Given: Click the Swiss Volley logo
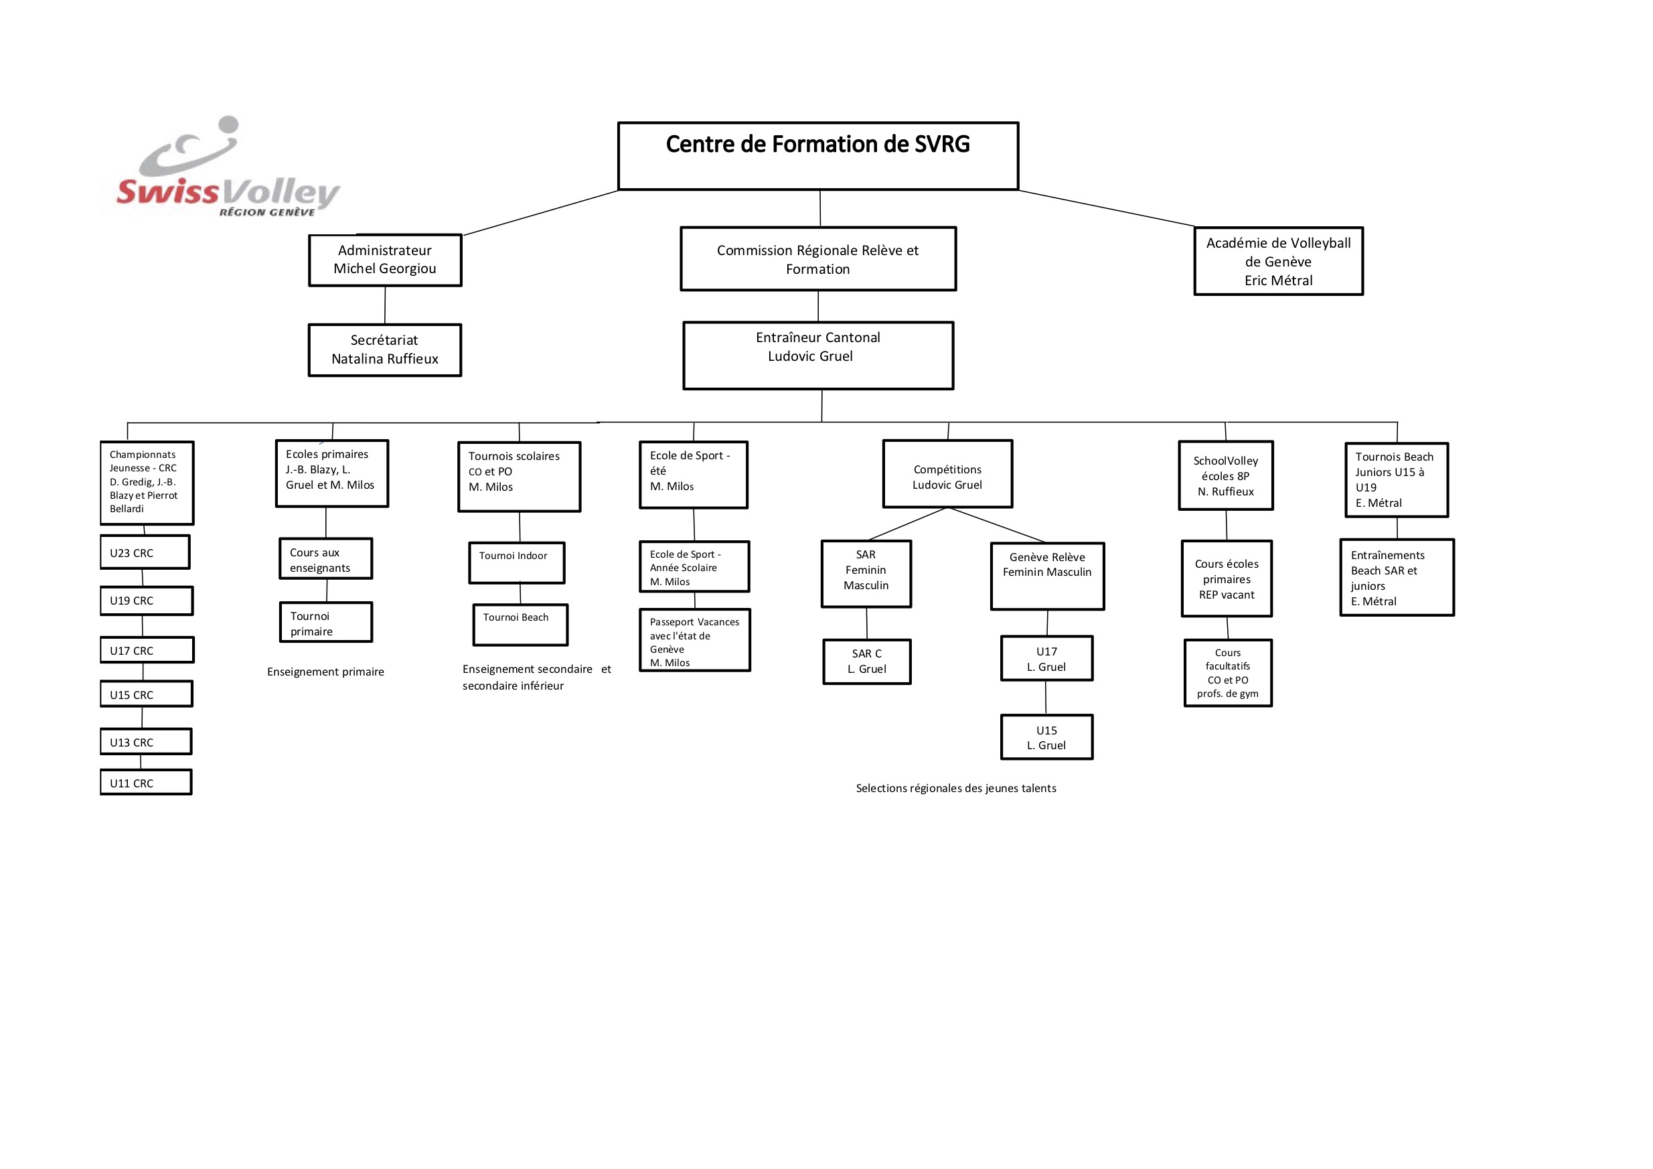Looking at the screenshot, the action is point(228,167).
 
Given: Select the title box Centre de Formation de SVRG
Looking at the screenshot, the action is point(818,156).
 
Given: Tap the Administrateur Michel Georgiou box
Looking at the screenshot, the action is point(385,260).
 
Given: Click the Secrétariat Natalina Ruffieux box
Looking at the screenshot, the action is point(385,350).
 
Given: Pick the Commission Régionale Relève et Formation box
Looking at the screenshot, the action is point(818,259).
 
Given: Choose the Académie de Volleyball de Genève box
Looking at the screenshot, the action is point(1279,261).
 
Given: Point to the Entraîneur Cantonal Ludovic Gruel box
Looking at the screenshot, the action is point(818,356).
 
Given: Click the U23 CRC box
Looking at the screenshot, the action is point(145,552).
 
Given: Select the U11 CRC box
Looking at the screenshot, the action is point(146,782).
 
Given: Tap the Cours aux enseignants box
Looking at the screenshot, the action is point(326,558).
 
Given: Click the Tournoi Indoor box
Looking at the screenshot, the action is point(517,563).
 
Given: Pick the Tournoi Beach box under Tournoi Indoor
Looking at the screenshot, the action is point(520,625).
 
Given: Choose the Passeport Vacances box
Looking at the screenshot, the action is point(695,641).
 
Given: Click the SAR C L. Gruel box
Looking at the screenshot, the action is point(867,661).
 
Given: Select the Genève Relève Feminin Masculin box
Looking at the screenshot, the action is point(1048,576).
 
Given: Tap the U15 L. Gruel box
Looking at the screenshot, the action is point(1047,737).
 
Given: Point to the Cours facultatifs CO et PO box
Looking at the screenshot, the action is point(1229,673).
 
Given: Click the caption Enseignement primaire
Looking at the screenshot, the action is point(325,672).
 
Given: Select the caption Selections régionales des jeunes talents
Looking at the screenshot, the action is point(956,788).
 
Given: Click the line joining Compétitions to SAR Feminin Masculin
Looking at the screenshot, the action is point(908,524).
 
